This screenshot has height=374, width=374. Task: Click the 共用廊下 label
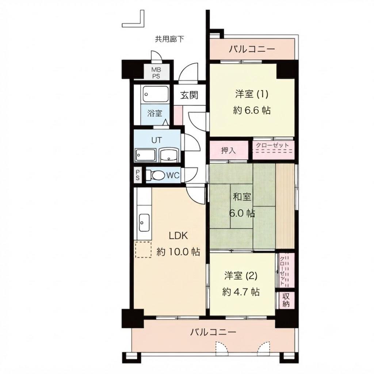[x=169, y=39]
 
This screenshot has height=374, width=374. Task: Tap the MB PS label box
[x=156, y=73]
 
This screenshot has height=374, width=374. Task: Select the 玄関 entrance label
[x=189, y=95]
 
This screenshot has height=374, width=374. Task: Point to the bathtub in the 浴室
[x=156, y=94]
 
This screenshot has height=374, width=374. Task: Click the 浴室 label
[x=155, y=113]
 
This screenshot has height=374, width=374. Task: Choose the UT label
[x=156, y=140]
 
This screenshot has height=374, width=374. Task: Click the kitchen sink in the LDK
[x=144, y=222]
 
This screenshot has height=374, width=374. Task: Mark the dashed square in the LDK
[x=143, y=250]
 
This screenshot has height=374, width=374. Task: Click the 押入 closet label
[x=228, y=150]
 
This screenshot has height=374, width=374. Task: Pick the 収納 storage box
[x=286, y=300]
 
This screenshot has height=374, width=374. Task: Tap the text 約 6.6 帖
[x=252, y=110]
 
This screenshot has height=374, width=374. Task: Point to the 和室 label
[x=242, y=197]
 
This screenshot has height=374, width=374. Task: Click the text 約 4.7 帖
[x=241, y=292]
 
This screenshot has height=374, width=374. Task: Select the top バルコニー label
[x=252, y=49]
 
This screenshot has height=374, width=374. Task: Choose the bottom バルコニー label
[x=213, y=332]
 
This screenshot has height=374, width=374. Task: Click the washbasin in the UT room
[x=169, y=156]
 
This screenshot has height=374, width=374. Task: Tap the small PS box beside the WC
[x=138, y=175]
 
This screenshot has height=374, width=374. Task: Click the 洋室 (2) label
[x=241, y=276]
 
